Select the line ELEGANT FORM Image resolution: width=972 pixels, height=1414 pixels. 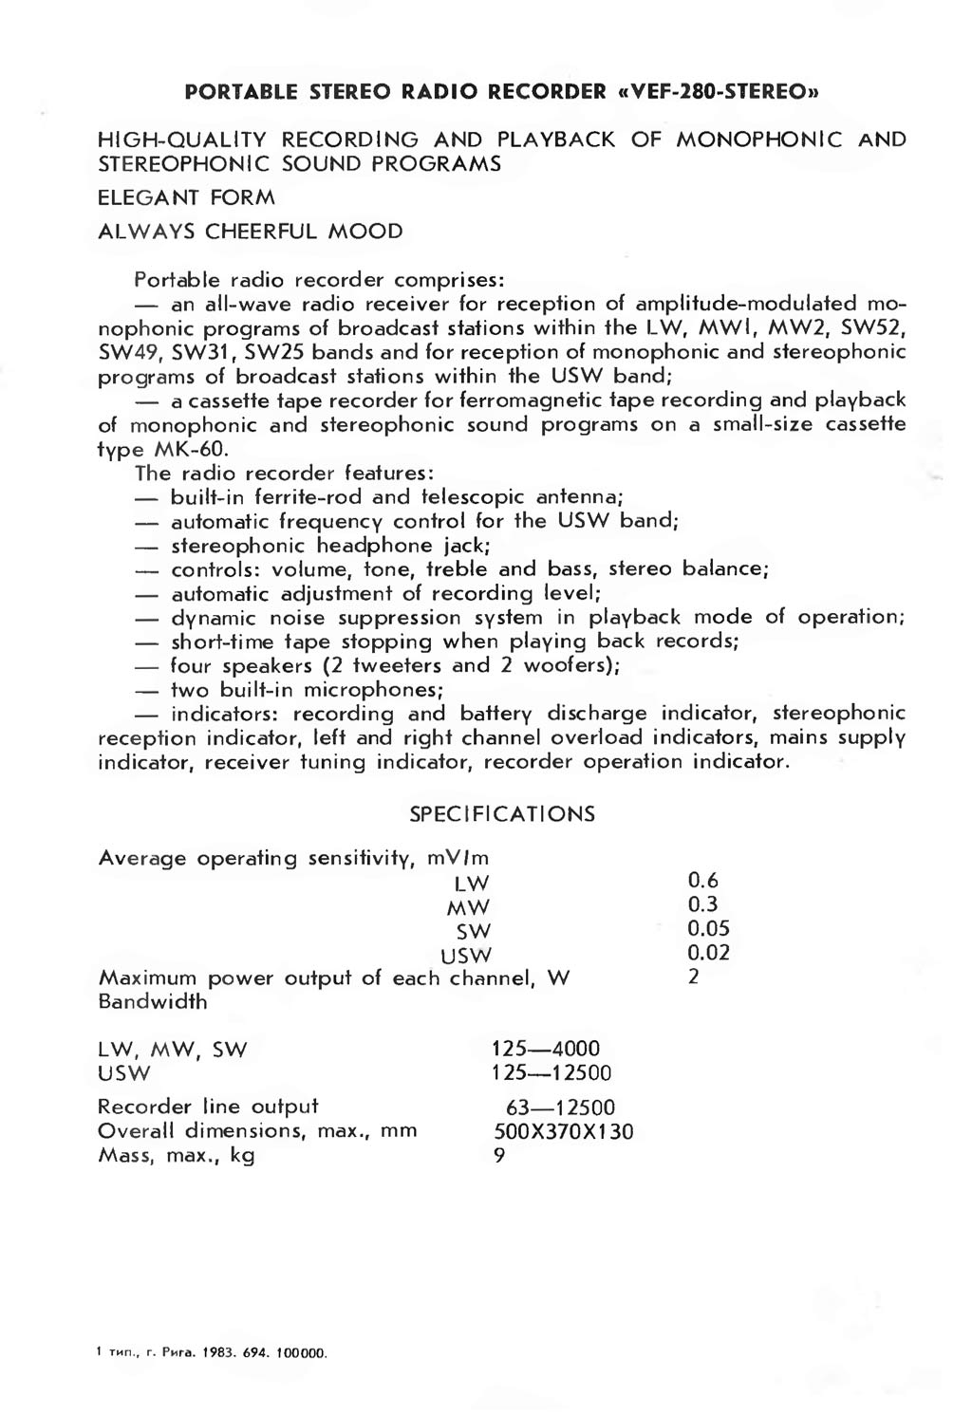pos(187,197)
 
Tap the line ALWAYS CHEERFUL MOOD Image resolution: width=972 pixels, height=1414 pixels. pos(251,231)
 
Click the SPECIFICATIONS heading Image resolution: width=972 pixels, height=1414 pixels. pos(502,813)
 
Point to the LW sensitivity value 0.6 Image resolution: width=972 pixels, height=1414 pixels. pos(702,881)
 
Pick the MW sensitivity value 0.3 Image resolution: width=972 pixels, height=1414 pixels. pos(702,904)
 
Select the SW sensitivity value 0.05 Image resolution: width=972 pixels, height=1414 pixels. pos(708,929)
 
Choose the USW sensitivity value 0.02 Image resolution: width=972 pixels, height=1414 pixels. pos(708,953)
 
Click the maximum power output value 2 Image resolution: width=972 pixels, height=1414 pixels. pos(694,977)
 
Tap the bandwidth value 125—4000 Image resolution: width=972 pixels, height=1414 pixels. pos(546,1049)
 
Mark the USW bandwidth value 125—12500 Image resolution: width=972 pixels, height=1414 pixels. pos(551,1073)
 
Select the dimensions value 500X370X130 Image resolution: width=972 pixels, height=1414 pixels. pos(564,1131)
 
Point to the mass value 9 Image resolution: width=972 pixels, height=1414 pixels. pos(500,1156)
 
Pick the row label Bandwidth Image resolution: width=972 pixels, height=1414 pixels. pos(153,1001)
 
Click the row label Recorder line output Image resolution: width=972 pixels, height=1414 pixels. pos(209,1107)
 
